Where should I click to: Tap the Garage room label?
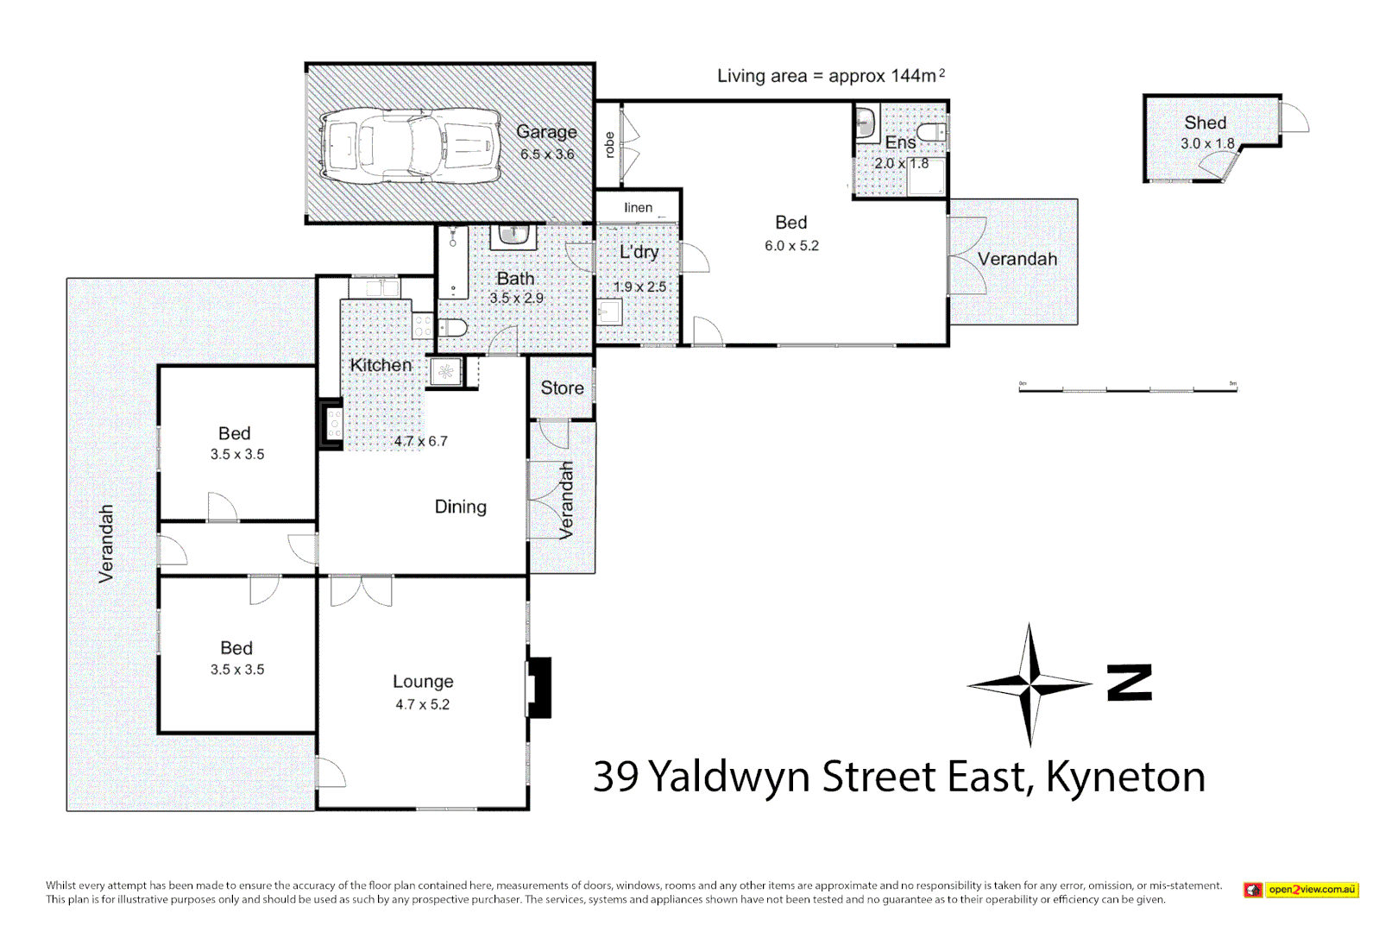(x=546, y=132)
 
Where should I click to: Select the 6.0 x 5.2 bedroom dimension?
(x=791, y=246)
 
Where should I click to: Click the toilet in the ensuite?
(x=931, y=132)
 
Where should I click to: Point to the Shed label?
(x=1205, y=123)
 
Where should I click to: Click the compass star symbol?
(x=1029, y=685)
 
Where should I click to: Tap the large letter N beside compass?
(x=1130, y=683)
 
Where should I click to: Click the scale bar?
(x=1128, y=390)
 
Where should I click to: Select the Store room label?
(x=562, y=388)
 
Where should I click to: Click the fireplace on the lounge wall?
(x=539, y=688)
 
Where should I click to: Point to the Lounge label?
(x=423, y=682)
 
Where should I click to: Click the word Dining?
(x=460, y=507)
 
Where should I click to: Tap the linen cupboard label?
(x=638, y=208)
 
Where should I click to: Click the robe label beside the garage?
(x=609, y=145)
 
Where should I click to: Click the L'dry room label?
(x=639, y=252)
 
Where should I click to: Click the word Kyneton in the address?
(x=1125, y=777)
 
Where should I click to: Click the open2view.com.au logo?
(x=1301, y=890)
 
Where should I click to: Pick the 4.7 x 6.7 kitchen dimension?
(x=420, y=441)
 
